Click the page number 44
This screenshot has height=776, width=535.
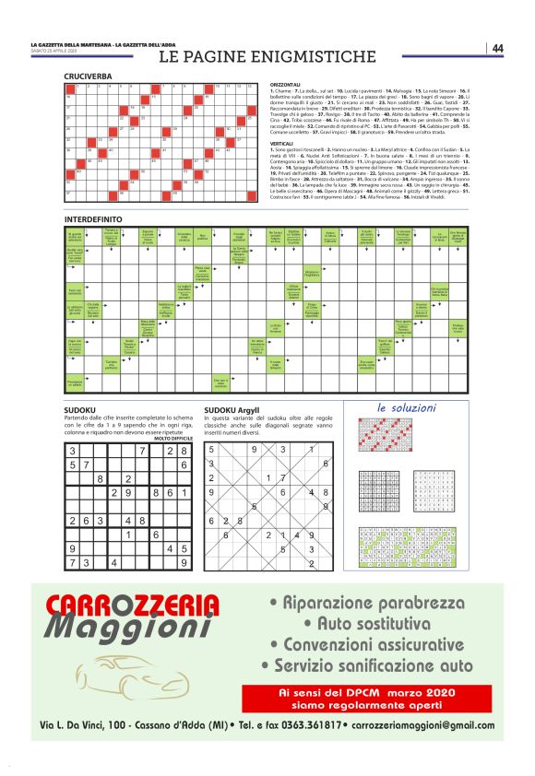497,48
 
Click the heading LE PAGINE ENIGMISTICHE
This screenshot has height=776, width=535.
267,56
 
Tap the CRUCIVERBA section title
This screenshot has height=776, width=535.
89,76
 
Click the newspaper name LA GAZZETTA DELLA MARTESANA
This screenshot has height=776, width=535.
72,44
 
